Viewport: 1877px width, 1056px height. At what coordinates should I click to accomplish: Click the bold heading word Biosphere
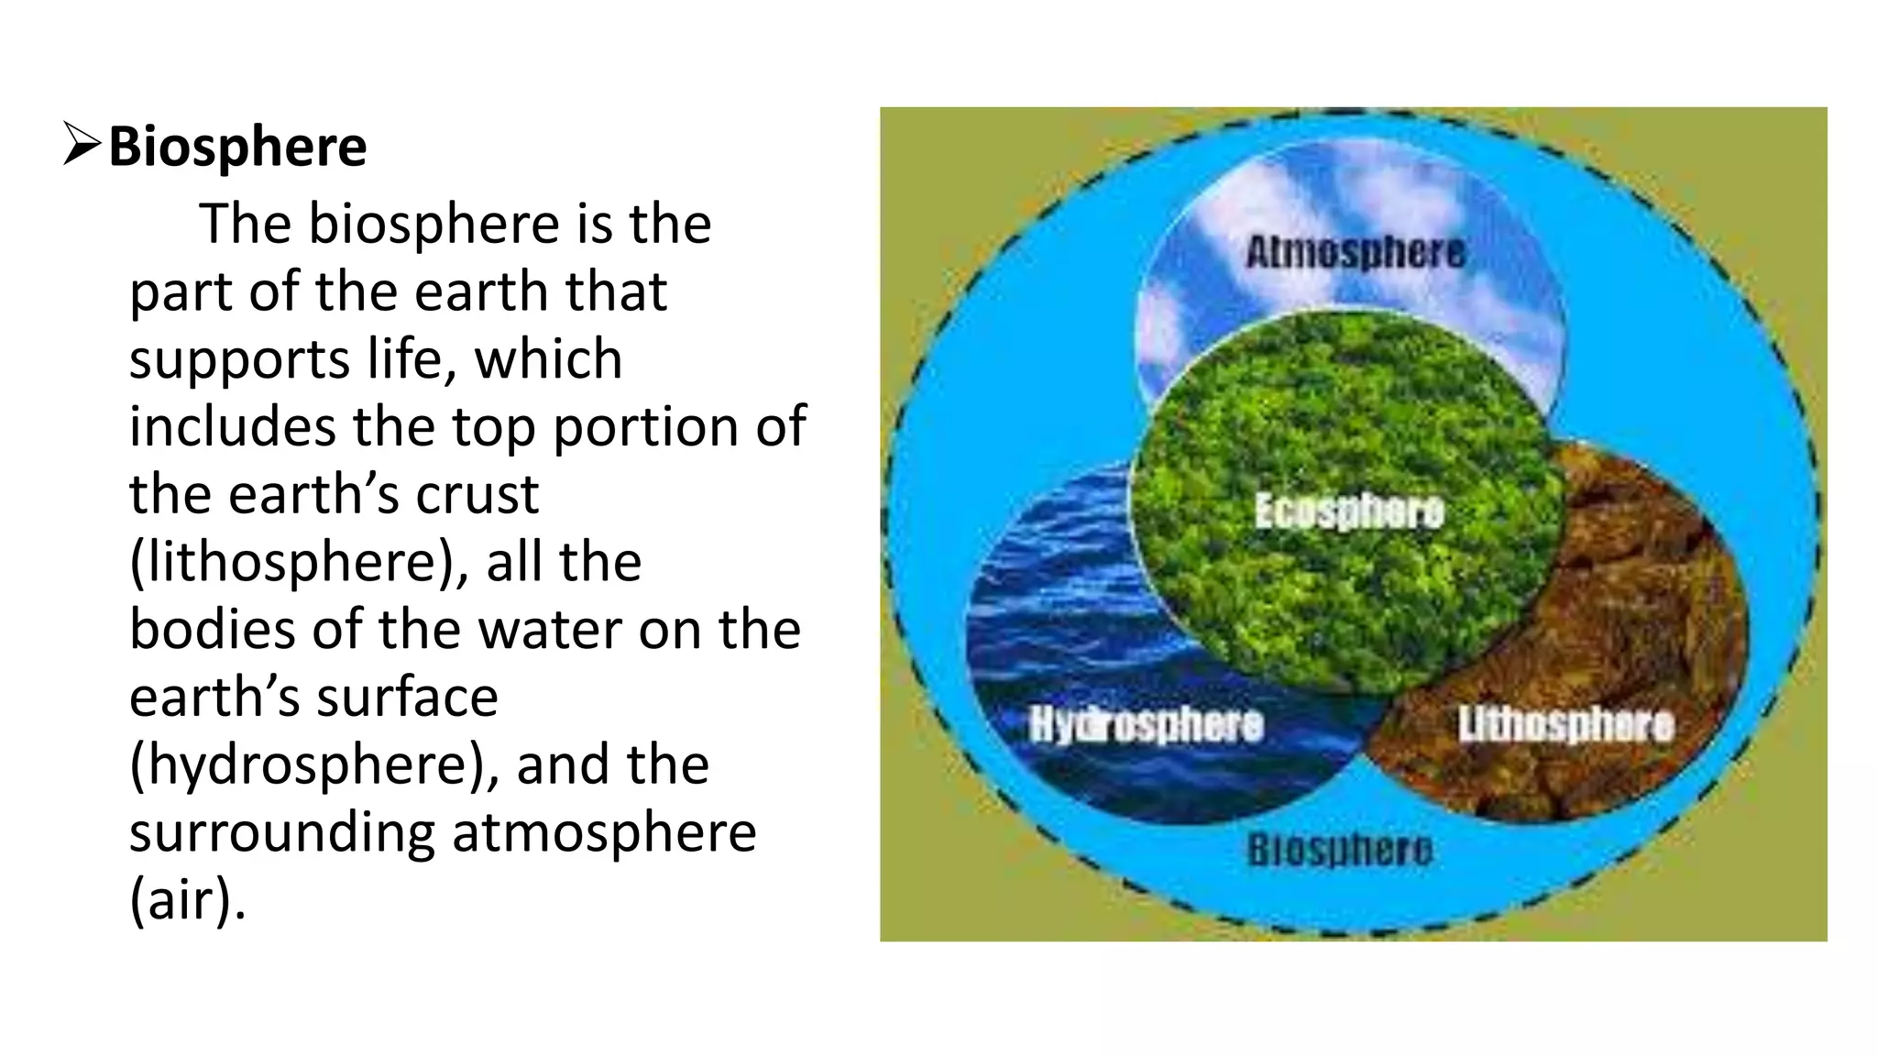(x=237, y=147)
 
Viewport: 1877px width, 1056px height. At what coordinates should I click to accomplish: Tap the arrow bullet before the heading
(x=82, y=146)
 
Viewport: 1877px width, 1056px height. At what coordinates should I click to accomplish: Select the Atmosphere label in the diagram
(x=1356, y=252)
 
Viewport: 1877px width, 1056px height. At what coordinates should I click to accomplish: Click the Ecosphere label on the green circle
(x=1349, y=511)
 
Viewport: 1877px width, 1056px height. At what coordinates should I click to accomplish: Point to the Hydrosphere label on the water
(x=1147, y=724)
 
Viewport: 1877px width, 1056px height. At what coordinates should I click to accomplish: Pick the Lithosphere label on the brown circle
(x=1566, y=724)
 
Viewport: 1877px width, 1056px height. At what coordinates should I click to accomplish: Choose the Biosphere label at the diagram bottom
(x=1340, y=850)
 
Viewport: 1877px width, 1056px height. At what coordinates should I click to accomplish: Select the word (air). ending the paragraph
(x=188, y=900)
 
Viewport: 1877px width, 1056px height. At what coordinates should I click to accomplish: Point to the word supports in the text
(x=239, y=359)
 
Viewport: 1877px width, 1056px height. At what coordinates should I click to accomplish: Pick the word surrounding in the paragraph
(x=281, y=832)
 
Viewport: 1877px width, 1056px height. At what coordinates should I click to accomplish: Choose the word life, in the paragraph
(x=412, y=359)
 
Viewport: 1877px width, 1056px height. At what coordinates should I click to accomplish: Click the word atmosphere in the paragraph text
(x=604, y=832)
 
